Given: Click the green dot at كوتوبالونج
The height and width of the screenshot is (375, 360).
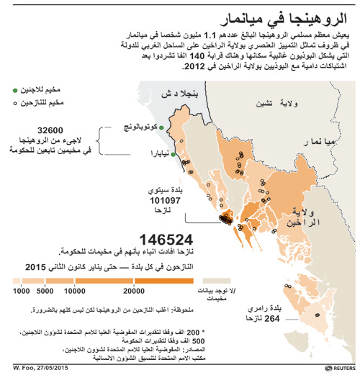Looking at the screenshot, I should (x=161, y=128).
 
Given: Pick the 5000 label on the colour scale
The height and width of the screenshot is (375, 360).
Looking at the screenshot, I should (x=46, y=291).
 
